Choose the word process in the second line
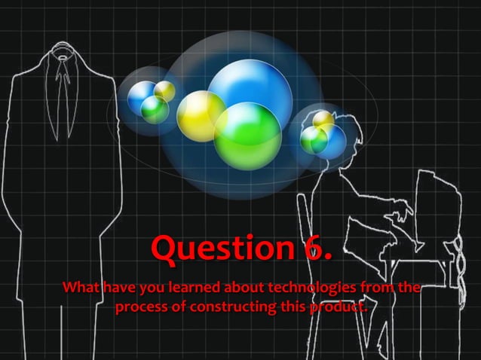click(x=141, y=307)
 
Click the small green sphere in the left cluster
click(x=155, y=110)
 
